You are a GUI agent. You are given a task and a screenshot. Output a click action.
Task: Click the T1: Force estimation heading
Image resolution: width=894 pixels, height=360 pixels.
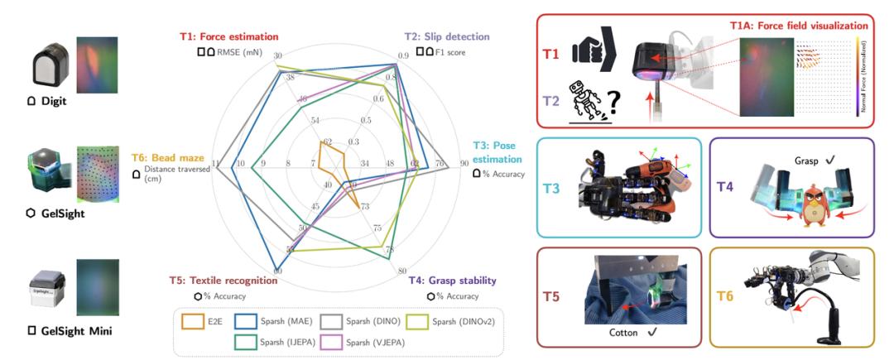point(228,36)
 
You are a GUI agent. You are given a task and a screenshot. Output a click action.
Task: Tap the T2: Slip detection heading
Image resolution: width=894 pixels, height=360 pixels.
point(446,36)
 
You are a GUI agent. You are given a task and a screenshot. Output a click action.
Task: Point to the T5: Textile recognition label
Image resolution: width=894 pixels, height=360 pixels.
point(223,281)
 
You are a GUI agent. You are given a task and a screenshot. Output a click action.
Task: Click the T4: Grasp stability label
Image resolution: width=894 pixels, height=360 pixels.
point(450,281)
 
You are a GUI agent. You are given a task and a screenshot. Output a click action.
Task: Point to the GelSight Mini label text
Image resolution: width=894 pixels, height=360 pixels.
point(66,330)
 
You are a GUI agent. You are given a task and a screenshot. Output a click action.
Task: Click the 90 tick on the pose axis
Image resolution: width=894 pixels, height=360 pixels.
point(464,164)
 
